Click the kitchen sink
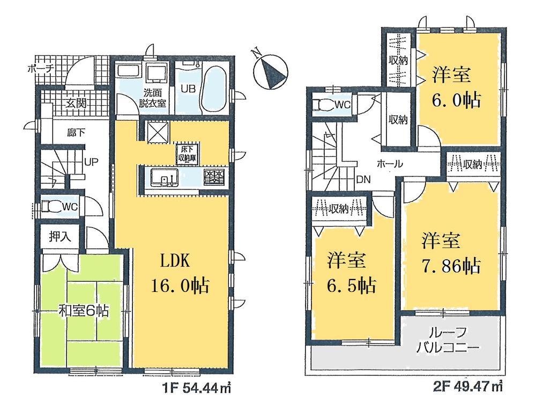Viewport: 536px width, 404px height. pyautogui.click(x=161, y=177)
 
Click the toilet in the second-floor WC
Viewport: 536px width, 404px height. pyautogui.click(x=323, y=105)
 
